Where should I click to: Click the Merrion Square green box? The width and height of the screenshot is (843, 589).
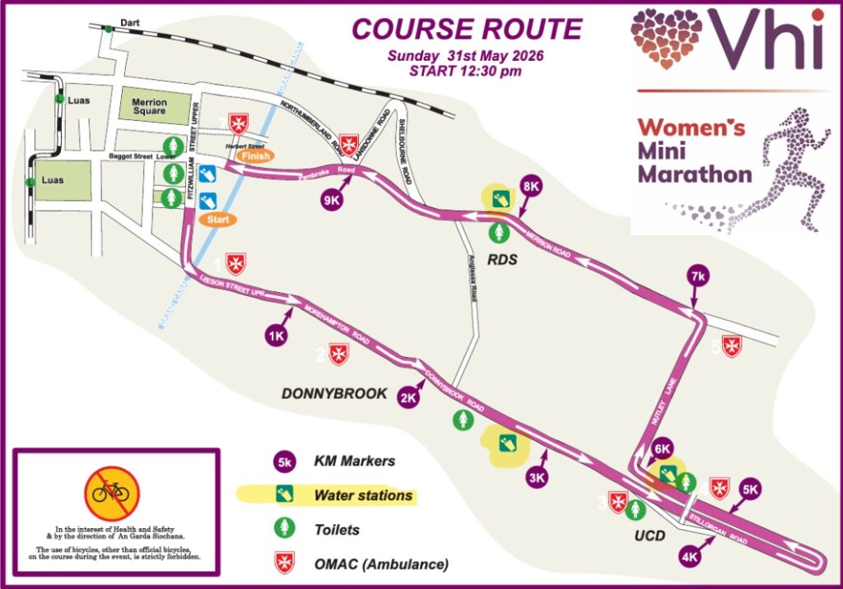point(149,108)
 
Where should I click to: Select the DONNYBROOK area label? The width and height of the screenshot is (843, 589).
point(334,394)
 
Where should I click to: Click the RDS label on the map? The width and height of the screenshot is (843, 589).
point(502,260)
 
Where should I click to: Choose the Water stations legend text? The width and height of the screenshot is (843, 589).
point(363,495)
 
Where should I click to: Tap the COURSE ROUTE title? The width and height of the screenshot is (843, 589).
point(467,29)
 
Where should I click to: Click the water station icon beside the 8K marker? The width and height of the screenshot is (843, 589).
point(499,198)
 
